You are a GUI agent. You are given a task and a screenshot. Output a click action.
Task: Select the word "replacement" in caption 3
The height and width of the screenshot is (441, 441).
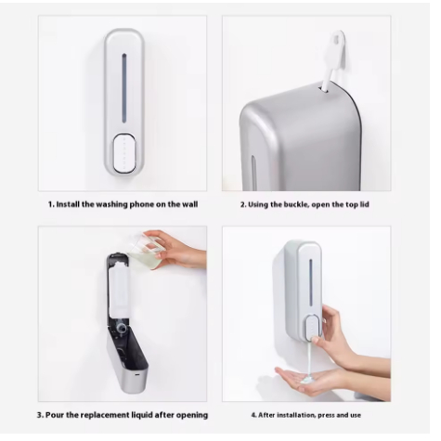pyautogui.click(x=104, y=415)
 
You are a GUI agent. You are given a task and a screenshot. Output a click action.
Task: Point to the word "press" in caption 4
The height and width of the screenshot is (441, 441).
pyautogui.click(x=326, y=415)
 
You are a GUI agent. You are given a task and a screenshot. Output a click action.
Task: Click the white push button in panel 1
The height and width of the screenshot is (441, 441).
pyautogui.click(x=124, y=153)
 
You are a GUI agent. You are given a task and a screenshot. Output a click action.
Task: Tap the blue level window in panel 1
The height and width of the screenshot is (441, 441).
pyautogui.click(x=124, y=88)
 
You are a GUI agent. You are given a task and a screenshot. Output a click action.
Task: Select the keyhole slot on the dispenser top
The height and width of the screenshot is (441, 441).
pyautogui.click(x=323, y=89)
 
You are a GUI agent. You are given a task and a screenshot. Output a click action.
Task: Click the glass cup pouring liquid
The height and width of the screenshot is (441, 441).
pyautogui.click(x=145, y=251)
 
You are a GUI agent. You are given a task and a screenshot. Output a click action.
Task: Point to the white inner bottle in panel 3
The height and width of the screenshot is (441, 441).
pyautogui.click(x=119, y=290)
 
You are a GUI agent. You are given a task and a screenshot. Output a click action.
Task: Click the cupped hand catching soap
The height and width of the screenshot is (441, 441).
pyautogui.click(x=313, y=379)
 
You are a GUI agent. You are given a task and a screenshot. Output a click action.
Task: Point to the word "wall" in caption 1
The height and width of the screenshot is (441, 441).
pyautogui.click(x=188, y=204)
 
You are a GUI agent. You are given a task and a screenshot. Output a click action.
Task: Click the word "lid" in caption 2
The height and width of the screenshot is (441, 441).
pyautogui.click(x=365, y=204)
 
